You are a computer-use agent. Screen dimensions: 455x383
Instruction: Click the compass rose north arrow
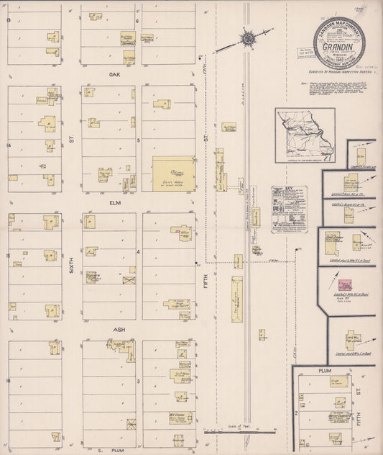point(248,37)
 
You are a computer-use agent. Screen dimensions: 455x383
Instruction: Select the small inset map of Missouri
point(305,135)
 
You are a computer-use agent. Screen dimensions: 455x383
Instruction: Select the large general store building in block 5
point(172,174)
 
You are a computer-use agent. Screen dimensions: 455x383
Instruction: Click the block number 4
point(138,252)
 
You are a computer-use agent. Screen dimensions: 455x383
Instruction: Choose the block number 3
point(138,379)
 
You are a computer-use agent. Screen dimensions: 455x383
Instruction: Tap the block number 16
point(9,379)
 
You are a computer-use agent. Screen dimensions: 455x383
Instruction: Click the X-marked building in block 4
point(129,279)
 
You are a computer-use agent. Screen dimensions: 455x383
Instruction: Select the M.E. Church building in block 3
point(179,416)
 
